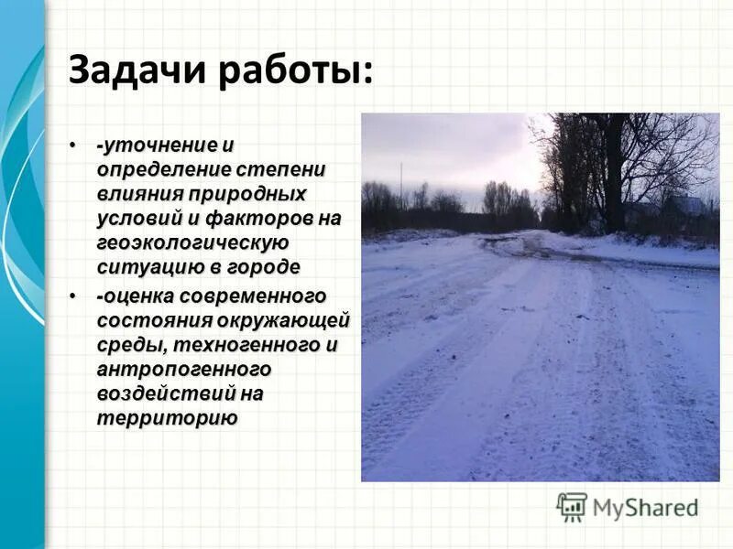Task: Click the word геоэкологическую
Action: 192,242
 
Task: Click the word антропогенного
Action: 184,369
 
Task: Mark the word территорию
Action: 166,417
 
